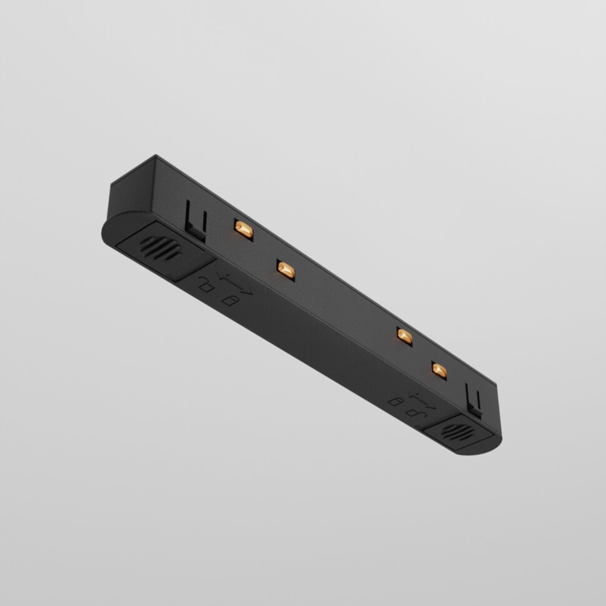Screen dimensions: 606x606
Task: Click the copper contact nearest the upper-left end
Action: tap(242, 229)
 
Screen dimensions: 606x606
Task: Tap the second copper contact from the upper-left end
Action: tap(286, 269)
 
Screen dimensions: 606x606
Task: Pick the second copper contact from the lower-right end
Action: tap(404, 335)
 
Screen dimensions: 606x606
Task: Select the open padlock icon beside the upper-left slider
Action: tap(205, 286)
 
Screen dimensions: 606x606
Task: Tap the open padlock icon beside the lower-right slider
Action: tap(412, 412)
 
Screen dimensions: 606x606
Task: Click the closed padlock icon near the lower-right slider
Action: tap(395, 400)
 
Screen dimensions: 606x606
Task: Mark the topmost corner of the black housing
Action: tap(154, 157)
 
